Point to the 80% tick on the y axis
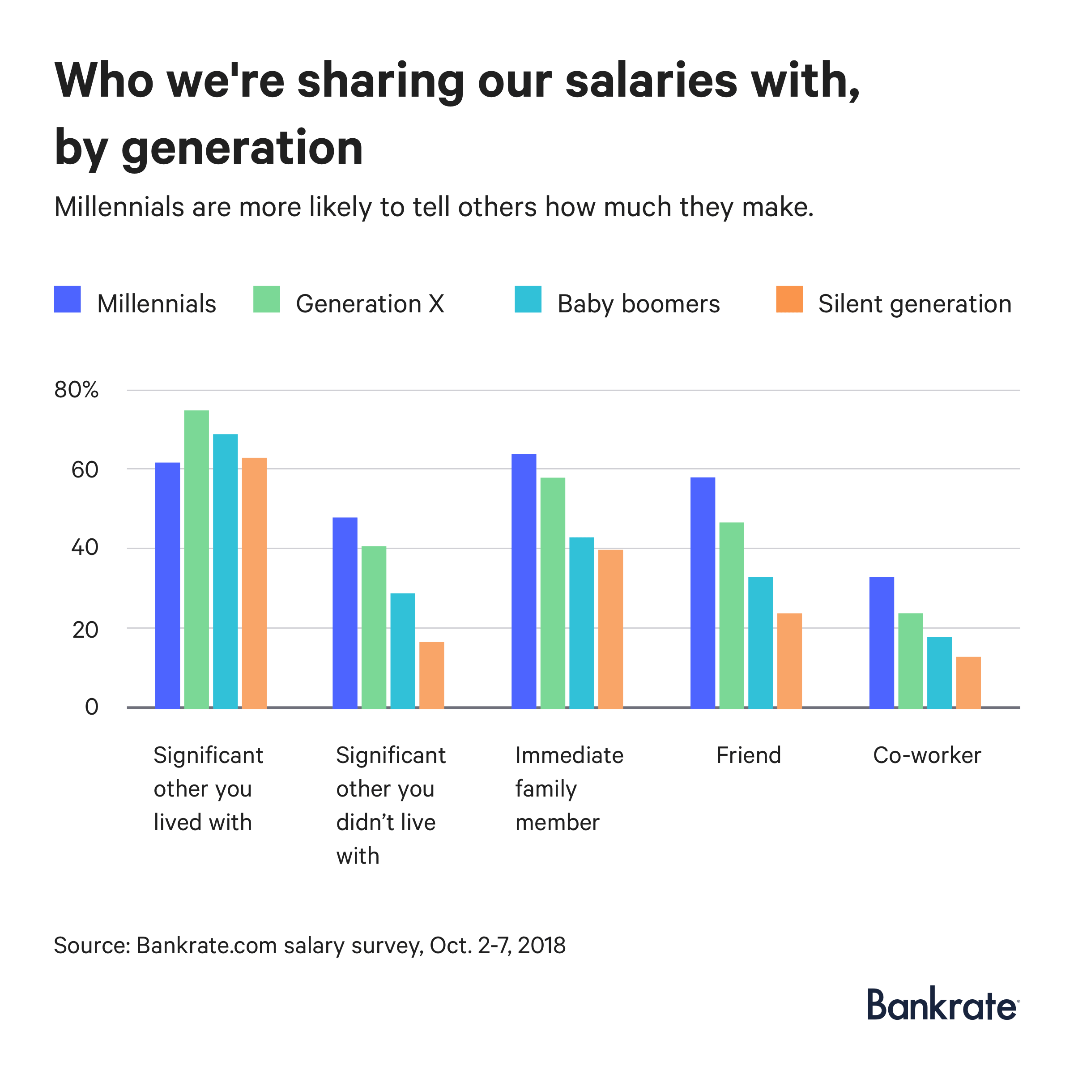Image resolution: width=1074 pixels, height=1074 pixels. [76, 390]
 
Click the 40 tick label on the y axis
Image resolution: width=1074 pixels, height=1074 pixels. [85, 548]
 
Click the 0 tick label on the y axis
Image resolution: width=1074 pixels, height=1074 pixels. [91, 707]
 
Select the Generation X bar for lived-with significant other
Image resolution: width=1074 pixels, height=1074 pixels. [196, 558]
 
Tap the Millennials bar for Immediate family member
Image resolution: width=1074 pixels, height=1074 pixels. [524, 581]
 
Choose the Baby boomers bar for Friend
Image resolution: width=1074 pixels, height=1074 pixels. [760, 643]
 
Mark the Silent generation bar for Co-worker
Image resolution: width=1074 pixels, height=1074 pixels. [968, 682]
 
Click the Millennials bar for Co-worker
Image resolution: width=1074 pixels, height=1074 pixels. [881, 643]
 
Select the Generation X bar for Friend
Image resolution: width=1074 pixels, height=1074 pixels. [732, 615]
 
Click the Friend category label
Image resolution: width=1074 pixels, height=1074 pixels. [748, 755]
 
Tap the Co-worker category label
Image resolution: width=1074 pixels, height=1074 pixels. [927, 755]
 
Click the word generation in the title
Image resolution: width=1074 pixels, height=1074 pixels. [242, 149]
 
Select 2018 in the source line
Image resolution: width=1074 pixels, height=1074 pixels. [541, 946]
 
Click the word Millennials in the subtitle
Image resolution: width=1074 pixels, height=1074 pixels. [119, 207]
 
